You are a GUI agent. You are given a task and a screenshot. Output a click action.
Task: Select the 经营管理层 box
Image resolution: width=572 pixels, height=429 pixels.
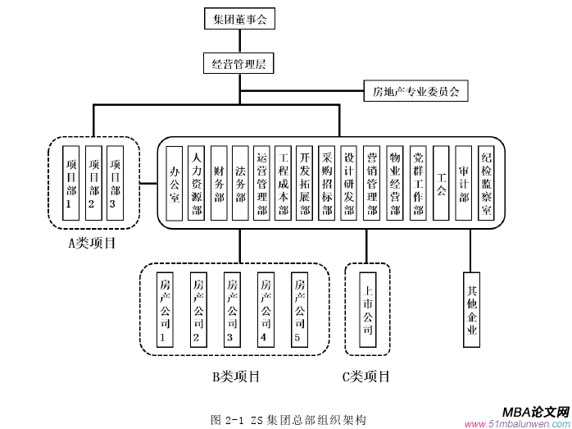[x=238, y=64]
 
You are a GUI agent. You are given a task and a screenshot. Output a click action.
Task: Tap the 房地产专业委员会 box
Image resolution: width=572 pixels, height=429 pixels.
[x=415, y=91]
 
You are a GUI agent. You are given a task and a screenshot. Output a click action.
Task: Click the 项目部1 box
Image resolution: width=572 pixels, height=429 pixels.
[x=71, y=181]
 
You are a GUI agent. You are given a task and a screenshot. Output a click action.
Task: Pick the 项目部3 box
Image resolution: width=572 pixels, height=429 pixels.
[x=116, y=181]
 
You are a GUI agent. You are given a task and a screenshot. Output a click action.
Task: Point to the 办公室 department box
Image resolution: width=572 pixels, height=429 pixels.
[x=174, y=183]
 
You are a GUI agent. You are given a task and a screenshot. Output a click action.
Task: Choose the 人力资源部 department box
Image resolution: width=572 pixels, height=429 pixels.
[x=196, y=183]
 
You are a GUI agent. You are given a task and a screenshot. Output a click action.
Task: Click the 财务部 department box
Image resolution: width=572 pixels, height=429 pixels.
[x=218, y=183]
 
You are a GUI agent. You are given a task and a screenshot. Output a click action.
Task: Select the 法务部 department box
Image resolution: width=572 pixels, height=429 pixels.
[x=240, y=183]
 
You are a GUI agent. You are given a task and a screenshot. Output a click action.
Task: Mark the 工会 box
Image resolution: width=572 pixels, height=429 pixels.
[x=441, y=183]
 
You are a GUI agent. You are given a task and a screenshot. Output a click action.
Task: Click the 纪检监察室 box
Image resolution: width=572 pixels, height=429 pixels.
[x=487, y=183]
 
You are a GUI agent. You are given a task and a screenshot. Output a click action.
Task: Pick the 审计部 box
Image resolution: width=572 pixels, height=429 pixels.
[x=464, y=183]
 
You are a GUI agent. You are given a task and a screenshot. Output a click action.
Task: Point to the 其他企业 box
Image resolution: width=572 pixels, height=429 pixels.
[x=471, y=309]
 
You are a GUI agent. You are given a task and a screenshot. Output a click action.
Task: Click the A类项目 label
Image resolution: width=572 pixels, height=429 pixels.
[x=92, y=243]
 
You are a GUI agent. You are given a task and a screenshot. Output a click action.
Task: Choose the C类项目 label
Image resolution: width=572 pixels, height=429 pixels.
[x=365, y=377]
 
